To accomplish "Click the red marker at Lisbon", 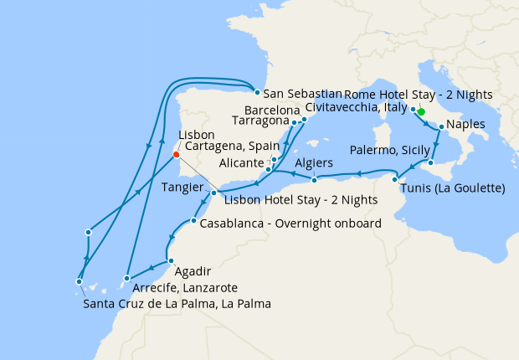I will [x=175, y=154].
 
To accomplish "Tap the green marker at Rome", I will [x=421, y=111].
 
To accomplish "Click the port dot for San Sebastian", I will [x=256, y=93].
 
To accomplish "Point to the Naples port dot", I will [x=441, y=126].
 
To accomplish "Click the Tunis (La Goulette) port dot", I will [x=394, y=179].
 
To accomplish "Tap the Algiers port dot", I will [x=314, y=180].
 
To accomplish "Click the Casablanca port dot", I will [x=193, y=221].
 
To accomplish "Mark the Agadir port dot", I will [x=171, y=260].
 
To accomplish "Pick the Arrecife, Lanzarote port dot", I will [x=126, y=278].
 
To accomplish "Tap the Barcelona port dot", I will [x=305, y=120].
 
